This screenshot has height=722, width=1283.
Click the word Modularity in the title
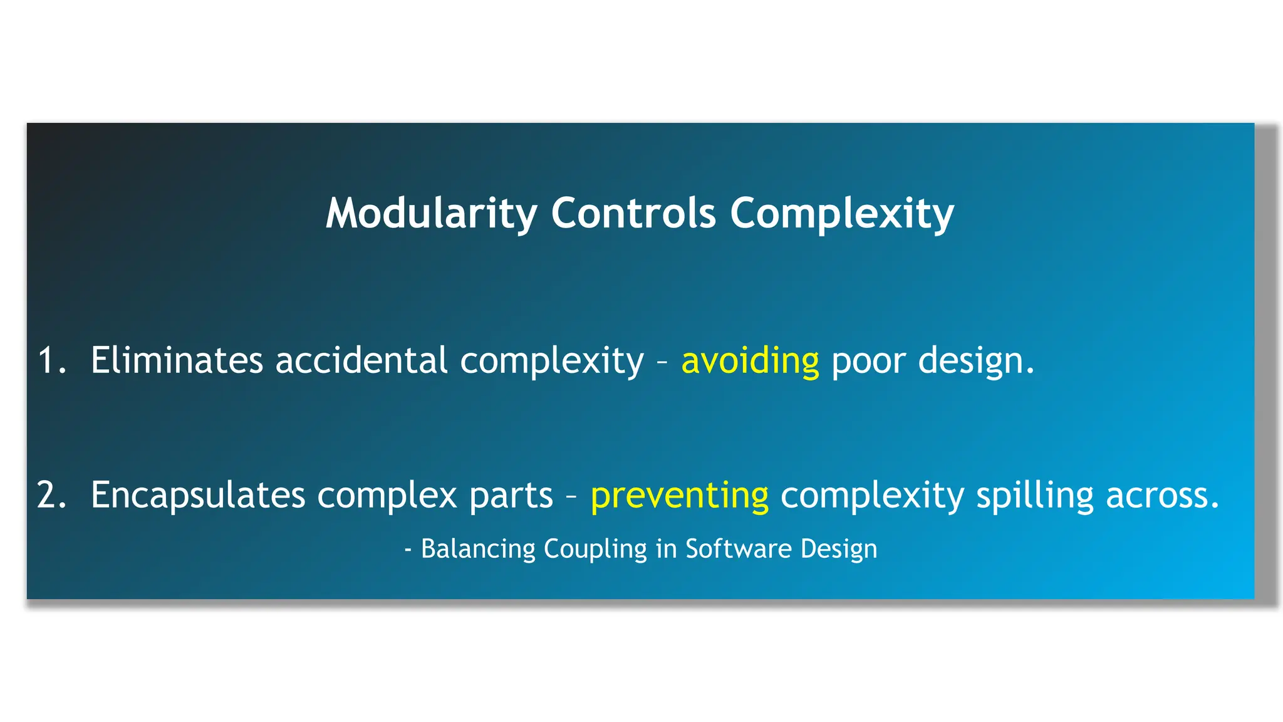[431, 214]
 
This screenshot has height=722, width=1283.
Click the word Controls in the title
[633, 214]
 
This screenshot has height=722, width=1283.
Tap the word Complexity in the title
[841, 214]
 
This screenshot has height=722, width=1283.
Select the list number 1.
[51, 361]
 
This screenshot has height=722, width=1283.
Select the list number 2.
[51, 495]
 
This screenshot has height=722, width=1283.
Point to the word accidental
[361, 361]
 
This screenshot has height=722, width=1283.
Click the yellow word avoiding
[750, 362]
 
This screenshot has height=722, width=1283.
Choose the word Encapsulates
[198, 495]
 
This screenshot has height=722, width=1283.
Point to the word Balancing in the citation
[478, 549]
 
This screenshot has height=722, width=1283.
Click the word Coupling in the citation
[595, 550]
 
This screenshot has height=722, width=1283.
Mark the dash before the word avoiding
[662, 362]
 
